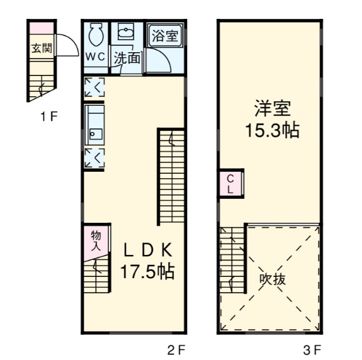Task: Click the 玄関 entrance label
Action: [x=42, y=48]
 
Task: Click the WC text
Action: [x=96, y=55]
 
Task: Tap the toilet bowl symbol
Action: [x=96, y=35]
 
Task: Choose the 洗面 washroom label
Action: [x=127, y=58]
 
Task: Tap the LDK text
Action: [x=147, y=250]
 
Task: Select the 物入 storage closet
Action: [x=96, y=241]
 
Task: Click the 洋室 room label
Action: [x=272, y=108]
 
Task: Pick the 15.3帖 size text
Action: [x=272, y=131]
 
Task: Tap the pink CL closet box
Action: [x=230, y=183]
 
